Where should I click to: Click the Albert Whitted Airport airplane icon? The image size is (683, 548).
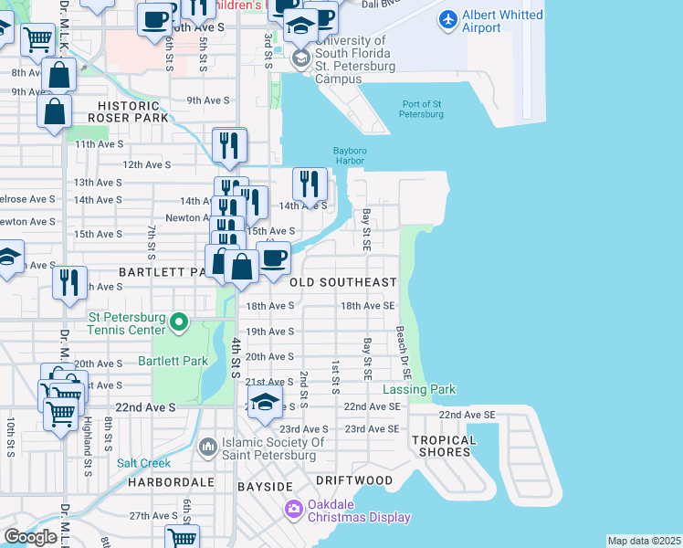[x=447, y=18]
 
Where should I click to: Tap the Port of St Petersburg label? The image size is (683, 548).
[x=421, y=108]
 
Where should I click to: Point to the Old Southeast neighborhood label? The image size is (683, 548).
[x=343, y=283]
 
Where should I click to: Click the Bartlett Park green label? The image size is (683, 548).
[x=173, y=362]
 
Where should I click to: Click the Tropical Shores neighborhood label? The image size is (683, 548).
[x=444, y=447]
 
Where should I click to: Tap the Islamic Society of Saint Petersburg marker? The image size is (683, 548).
[x=206, y=446]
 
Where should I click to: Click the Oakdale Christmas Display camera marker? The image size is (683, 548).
[x=294, y=508]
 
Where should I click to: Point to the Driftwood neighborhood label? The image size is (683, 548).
[x=354, y=480]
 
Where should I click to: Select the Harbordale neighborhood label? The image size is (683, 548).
[x=171, y=481]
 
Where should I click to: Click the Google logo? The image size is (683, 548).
[x=29, y=537]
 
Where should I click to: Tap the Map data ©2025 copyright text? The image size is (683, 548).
[x=644, y=541]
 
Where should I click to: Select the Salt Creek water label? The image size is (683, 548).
[x=138, y=463]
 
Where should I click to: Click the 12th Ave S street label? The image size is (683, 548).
[x=146, y=164]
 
